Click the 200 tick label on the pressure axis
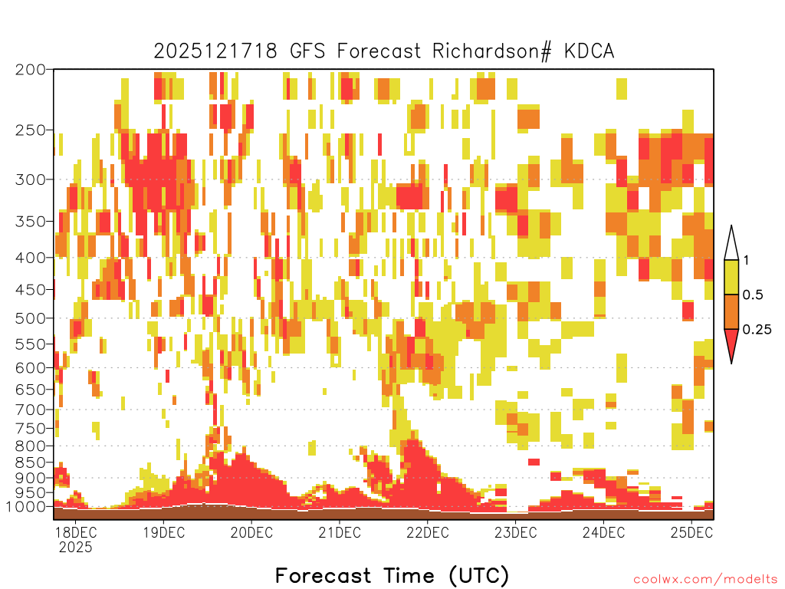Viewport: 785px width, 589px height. tap(31, 70)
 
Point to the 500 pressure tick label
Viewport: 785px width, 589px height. tap(31, 318)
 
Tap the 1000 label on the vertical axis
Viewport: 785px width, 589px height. tap(27, 506)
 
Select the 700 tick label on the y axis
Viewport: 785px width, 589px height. tap(31, 410)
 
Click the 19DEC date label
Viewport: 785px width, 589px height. tap(164, 532)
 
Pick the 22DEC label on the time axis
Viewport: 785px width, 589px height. tap(428, 532)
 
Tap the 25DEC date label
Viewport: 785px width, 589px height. tap(691, 532)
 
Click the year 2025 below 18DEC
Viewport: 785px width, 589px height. tap(76, 548)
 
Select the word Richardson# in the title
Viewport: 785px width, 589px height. tap(492, 51)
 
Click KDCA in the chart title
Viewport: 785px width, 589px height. tap(590, 51)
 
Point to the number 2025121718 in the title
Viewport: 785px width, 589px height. tap(215, 51)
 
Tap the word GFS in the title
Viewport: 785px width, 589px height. tap(307, 51)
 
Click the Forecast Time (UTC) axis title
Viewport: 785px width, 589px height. tap(392, 575)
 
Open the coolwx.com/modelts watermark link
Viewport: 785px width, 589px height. tap(706, 580)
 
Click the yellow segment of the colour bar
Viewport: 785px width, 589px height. tap(731, 277)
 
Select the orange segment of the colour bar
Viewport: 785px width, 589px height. tap(731, 311)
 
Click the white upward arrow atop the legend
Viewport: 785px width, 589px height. tap(731, 243)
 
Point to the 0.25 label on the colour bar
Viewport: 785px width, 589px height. tap(757, 330)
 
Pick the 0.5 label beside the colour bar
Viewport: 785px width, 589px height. tap(753, 295)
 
